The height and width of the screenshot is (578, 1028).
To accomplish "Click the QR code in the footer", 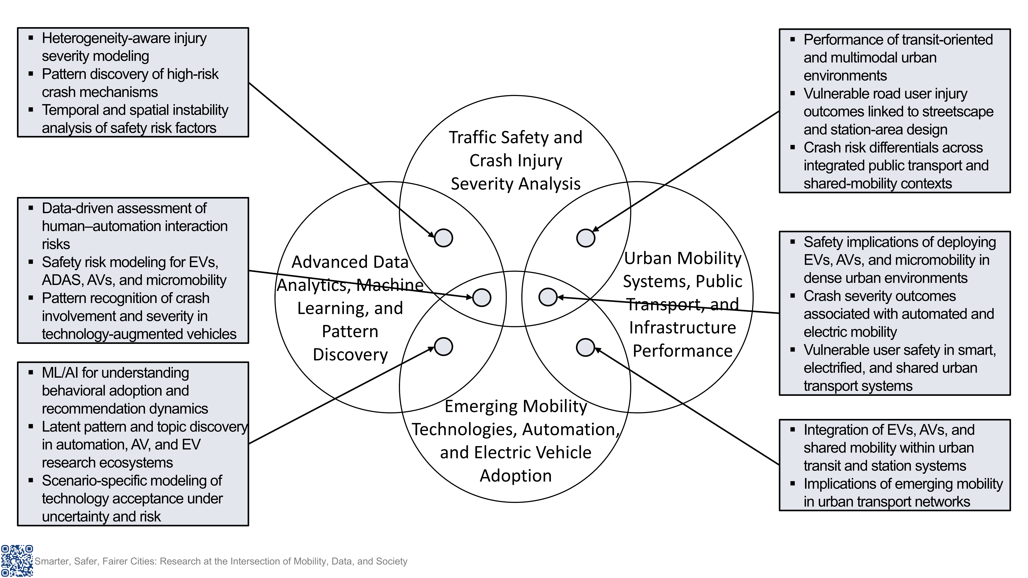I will coord(17,560).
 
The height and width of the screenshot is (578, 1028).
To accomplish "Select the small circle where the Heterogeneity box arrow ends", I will coord(443,238).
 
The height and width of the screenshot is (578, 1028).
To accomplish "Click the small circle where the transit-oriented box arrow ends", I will coord(585,238).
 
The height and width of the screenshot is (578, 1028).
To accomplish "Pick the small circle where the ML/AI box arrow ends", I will coord(443,347).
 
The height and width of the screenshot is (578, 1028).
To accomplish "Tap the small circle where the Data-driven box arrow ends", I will coord(482,298).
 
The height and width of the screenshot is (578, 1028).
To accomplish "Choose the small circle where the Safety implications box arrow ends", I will coord(548,297).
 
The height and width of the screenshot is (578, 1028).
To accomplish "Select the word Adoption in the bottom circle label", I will coord(516,476).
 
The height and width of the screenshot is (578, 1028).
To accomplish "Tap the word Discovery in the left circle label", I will coord(350,355).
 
